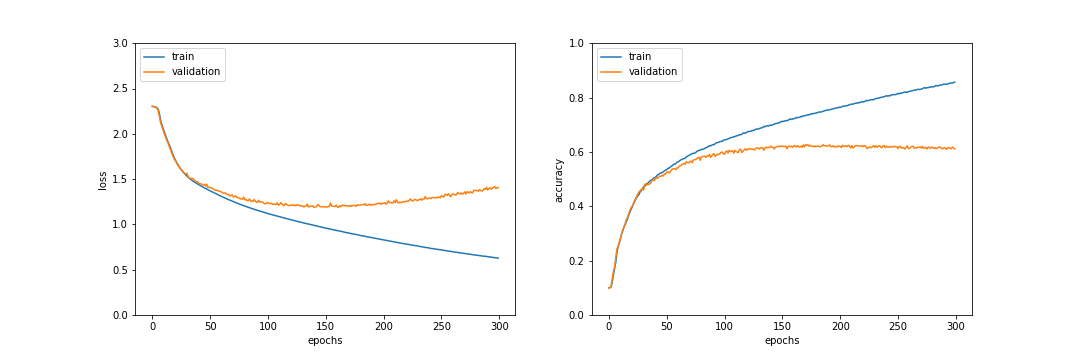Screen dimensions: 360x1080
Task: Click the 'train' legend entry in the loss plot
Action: click(182, 57)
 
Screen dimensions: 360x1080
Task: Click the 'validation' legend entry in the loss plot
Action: click(195, 72)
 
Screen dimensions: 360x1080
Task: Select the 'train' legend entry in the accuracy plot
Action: click(639, 57)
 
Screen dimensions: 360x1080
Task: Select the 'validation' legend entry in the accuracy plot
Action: click(652, 72)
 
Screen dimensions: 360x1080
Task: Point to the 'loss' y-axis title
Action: click(103, 179)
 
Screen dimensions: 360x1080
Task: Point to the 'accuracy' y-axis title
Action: click(559, 179)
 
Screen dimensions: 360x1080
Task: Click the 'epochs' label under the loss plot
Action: click(325, 341)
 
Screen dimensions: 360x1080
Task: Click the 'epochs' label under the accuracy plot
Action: click(782, 341)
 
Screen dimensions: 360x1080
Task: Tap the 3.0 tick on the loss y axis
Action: click(120, 43)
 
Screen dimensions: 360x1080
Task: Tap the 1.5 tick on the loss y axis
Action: click(120, 179)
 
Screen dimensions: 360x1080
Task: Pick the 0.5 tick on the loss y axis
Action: click(120, 270)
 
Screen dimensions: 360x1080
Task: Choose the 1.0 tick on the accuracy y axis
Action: click(577, 43)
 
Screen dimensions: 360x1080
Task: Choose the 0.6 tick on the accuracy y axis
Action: click(577, 152)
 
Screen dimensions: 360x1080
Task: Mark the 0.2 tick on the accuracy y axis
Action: click(577, 261)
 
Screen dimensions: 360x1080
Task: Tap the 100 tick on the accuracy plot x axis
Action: click(724, 326)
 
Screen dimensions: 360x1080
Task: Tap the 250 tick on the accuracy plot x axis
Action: click(898, 326)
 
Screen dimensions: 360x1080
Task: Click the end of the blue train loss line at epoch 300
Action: click(498, 258)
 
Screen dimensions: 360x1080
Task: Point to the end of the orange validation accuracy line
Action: click(955, 148)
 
